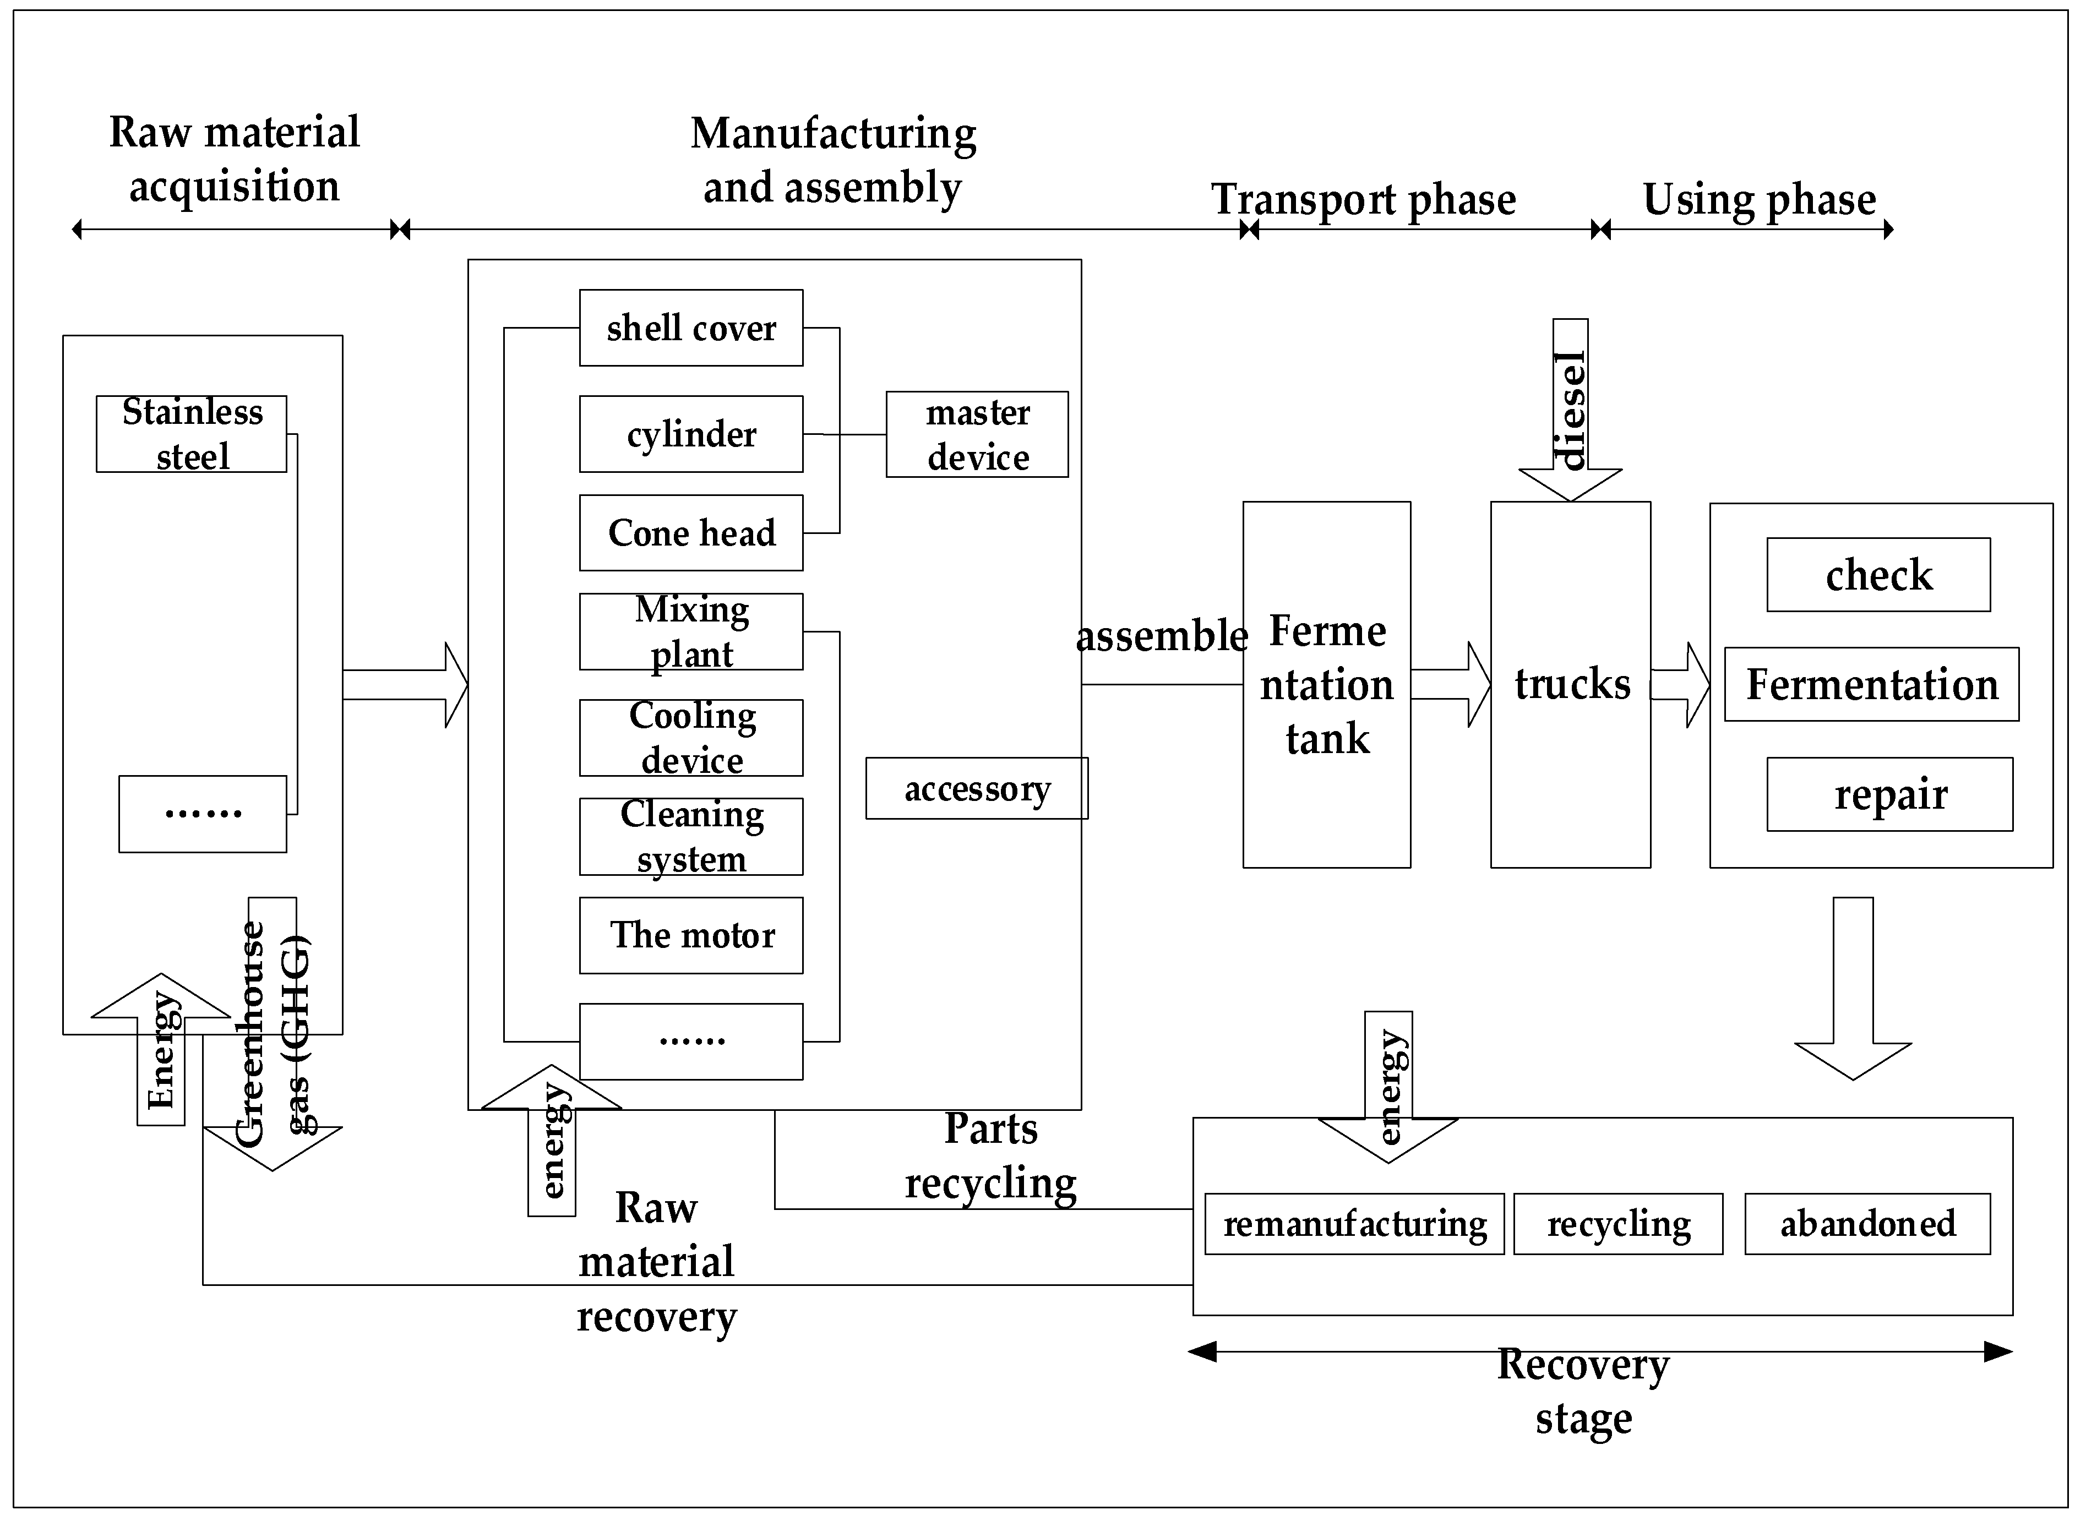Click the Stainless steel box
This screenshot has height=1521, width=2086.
(x=192, y=434)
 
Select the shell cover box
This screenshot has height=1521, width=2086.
(x=690, y=328)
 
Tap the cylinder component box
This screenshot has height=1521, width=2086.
(x=690, y=434)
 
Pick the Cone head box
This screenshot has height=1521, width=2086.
(x=690, y=533)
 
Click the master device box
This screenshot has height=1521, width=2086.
(x=977, y=434)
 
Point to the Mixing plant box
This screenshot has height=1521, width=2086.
(x=690, y=631)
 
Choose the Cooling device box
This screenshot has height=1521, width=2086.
(x=690, y=738)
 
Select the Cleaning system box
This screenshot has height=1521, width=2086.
(x=690, y=836)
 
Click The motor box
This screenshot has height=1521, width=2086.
(x=690, y=935)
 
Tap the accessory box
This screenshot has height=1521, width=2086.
(x=977, y=788)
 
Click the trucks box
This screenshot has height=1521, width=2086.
(x=1571, y=684)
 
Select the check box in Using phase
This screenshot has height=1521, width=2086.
(x=1878, y=575)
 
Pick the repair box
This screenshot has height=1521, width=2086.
(x=1889, y=794)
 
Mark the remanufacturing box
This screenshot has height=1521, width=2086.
(x=1354, y=1224)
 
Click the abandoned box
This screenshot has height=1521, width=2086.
(x=1867, y=1224)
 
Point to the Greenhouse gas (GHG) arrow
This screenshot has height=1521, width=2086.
(x=273, y=1031)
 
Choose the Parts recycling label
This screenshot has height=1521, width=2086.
(x=990, y=1155)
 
